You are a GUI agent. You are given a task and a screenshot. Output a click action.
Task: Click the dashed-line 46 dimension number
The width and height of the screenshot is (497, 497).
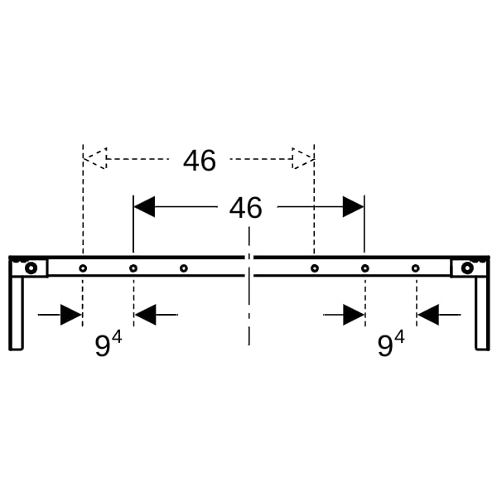(200, 161)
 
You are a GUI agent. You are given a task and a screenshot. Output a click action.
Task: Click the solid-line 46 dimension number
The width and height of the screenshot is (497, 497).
(246, 208)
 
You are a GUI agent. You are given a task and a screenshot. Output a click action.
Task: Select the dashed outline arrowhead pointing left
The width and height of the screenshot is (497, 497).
(95, 158)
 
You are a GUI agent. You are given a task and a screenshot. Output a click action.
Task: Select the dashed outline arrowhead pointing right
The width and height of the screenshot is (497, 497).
(303, 158)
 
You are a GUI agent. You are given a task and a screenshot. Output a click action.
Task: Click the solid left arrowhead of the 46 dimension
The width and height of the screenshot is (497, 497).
(144, 206)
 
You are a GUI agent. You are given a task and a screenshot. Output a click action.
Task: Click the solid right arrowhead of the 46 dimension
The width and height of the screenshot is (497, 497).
(353, 206)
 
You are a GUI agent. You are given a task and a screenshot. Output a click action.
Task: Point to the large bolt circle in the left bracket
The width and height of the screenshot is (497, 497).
(31, 268)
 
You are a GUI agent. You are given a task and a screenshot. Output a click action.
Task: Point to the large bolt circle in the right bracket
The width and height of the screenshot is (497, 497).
(467, 268)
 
